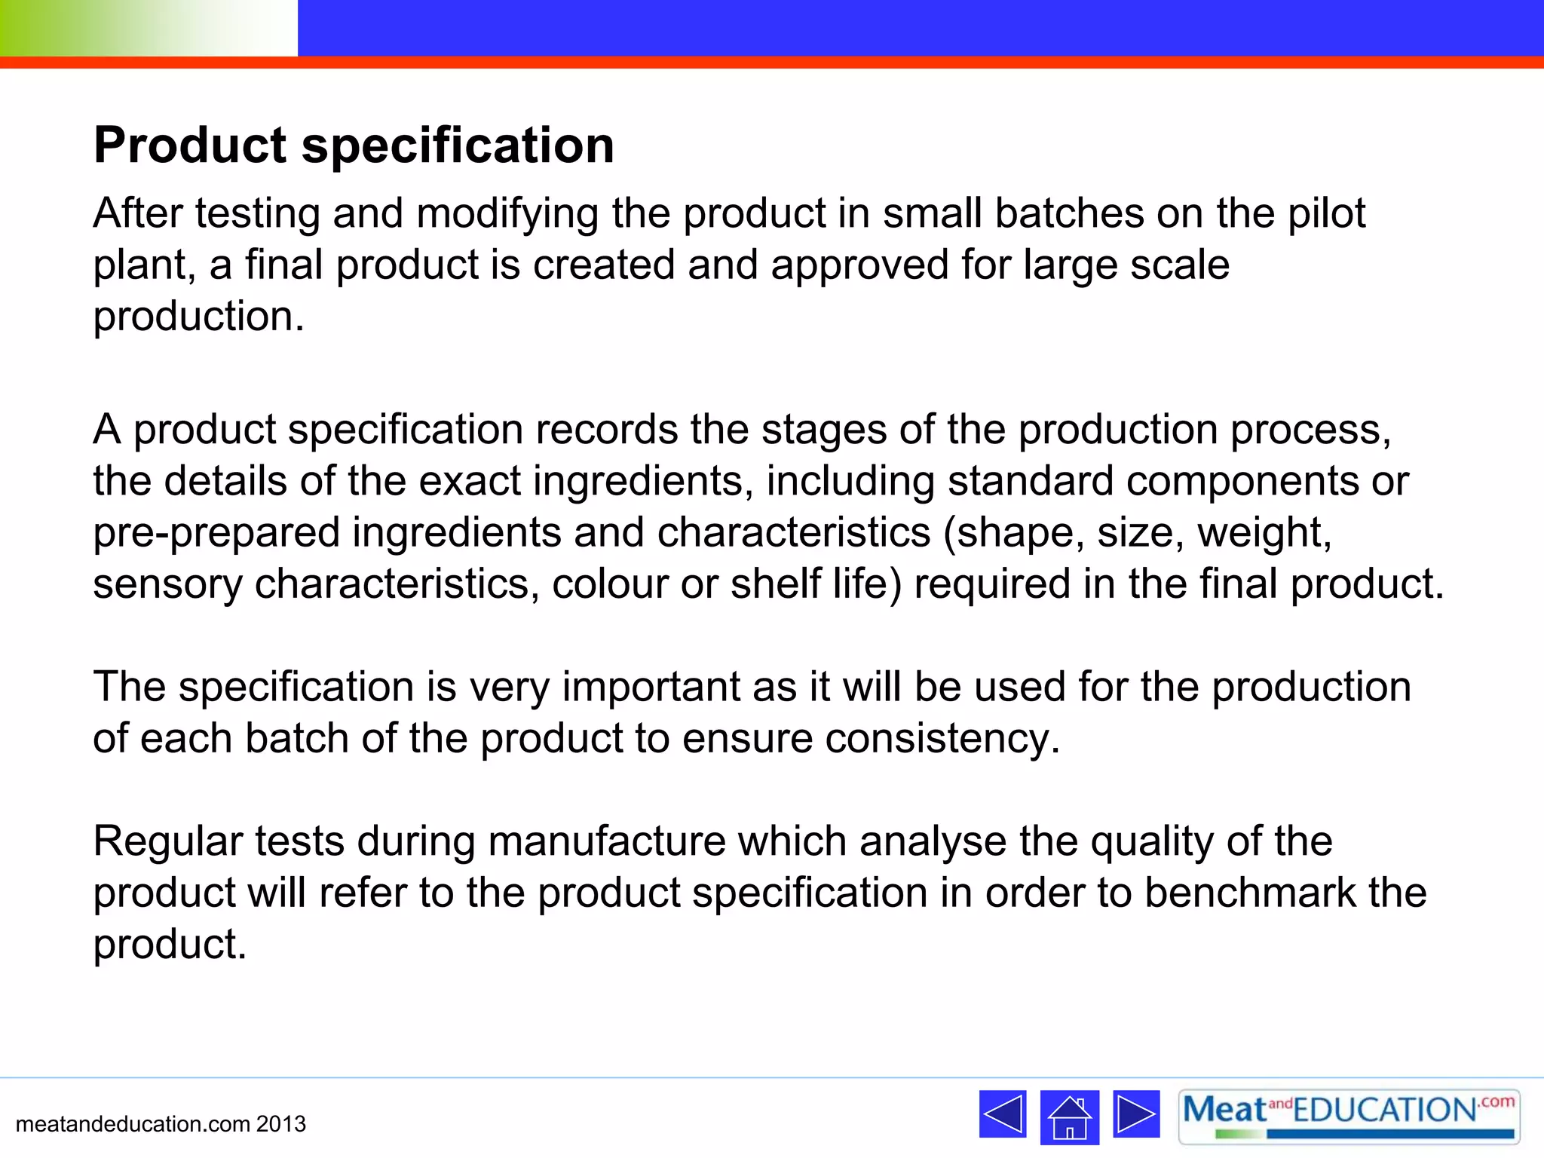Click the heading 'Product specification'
(354, 145)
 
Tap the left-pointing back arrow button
(1002, 1114)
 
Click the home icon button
(1069, 1117)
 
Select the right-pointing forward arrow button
(1135, 1114)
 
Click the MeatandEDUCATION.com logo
(1348, 1116)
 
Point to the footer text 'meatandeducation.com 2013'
(161, 1124)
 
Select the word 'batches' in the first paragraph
(1068, 213)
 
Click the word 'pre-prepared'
(216, 533)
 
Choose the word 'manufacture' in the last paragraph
(606, 842)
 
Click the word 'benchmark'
(1250, 893)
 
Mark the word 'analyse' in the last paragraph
(933, 842)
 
